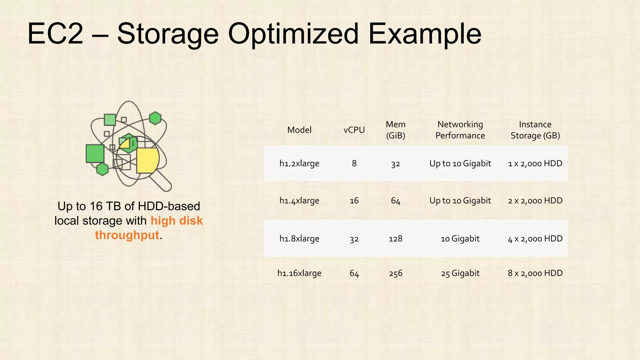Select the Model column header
299,130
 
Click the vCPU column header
354,130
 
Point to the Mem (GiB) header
395,130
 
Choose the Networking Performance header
460,130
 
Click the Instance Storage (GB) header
535,130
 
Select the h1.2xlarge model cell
299,163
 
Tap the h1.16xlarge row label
299,273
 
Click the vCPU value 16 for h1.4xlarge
354,201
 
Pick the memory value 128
395,239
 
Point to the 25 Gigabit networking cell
460,273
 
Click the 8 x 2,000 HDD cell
535,273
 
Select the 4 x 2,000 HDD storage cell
535,239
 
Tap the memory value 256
395,273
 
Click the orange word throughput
127,235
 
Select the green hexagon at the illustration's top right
155,118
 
